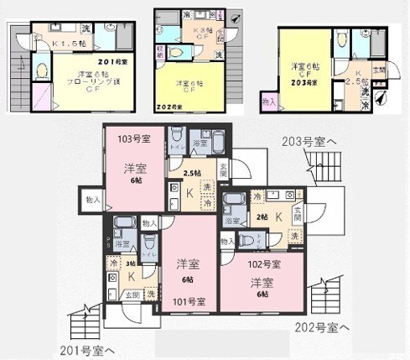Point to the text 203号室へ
[309, 143]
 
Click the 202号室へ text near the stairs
[323, 326]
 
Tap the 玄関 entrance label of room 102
[296, 212]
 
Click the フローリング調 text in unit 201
[93, 83]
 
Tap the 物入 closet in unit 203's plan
[268, 101]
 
